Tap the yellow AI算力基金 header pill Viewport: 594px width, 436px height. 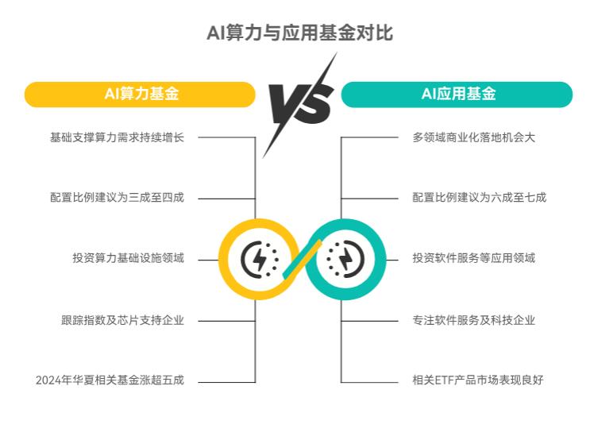point(141,94)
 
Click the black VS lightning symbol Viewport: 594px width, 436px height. point(300,104)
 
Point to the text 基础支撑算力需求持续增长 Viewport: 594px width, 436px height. point(117,137)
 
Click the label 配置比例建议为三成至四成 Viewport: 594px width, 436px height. point(117,197)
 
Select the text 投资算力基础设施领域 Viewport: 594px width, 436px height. point(128,258)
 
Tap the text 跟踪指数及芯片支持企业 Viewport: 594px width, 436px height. point(122,320)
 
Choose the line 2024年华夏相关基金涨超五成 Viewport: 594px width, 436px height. point(110,380)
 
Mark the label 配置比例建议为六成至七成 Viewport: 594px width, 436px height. point(480,197)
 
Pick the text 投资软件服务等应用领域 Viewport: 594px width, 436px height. point(474,258)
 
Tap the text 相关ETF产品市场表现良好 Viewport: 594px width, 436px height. point(478,380)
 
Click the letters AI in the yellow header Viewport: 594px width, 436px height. point(111,94)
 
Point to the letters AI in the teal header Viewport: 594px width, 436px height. point(428,94)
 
